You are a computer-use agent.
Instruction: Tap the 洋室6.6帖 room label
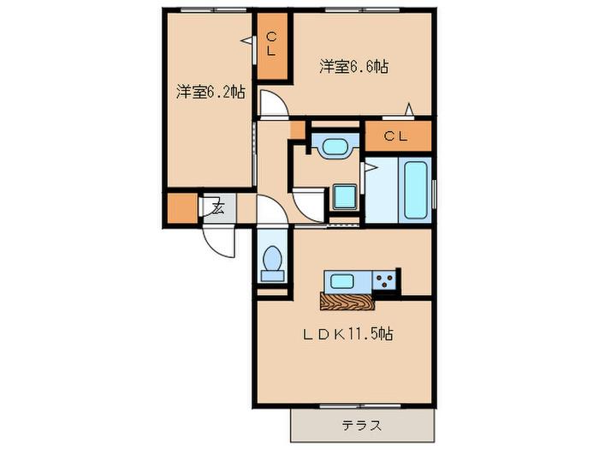(x=354, y=66)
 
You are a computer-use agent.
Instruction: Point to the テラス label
(x=362, y=425)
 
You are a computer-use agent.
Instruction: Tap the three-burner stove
(x=385, y=281)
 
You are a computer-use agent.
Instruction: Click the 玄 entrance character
(x=217, y=207)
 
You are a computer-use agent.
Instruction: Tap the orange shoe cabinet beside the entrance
(x=181, y=208)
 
